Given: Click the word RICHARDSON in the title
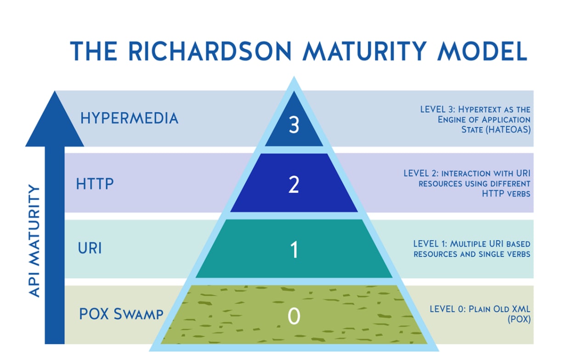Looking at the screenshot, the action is point(210,51).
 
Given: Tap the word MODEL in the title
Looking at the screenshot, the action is point(482,51).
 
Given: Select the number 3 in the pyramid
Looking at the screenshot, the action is point(294,124).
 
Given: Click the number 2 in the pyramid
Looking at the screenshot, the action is point(294,185).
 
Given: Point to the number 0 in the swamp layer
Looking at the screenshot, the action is point(294,315).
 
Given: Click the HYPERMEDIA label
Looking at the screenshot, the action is point(129,118).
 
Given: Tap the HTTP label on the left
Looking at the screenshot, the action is point(95,183).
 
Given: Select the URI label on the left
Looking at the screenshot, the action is point(90,248).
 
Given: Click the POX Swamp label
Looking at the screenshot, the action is point(121,314).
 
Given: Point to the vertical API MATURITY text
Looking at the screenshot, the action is point(34,241).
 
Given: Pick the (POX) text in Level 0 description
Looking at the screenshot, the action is point(519,319).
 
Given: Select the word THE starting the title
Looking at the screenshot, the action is point(93,51).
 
